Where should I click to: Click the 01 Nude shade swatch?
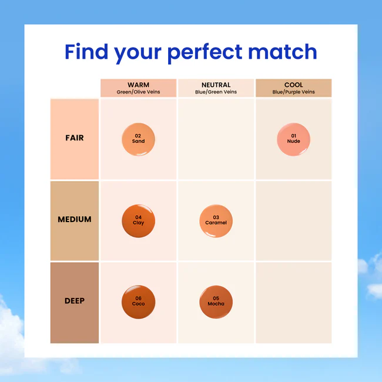[293, 139]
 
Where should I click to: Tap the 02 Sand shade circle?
[138, 139]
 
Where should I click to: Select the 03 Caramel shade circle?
[216, 221]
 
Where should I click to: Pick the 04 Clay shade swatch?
[138, 221]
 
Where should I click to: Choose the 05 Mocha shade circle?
[216, 302]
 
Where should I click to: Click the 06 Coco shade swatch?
[138, 302]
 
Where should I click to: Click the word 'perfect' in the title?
[205, 53]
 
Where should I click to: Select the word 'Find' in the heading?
[86, 51]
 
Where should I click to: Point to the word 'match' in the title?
[283, 51]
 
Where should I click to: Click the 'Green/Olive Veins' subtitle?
[138, 92]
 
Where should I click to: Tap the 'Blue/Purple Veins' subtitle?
[294, 92]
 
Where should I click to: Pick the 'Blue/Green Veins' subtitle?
[216, 92]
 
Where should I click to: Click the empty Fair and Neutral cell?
[216, 139]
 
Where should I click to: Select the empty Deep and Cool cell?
[294, 303]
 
